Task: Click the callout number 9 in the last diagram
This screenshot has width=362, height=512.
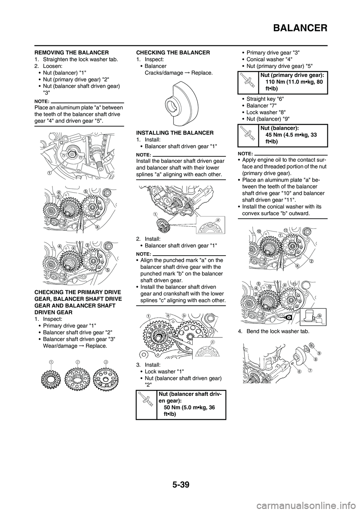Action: click(x=319, y=353)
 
